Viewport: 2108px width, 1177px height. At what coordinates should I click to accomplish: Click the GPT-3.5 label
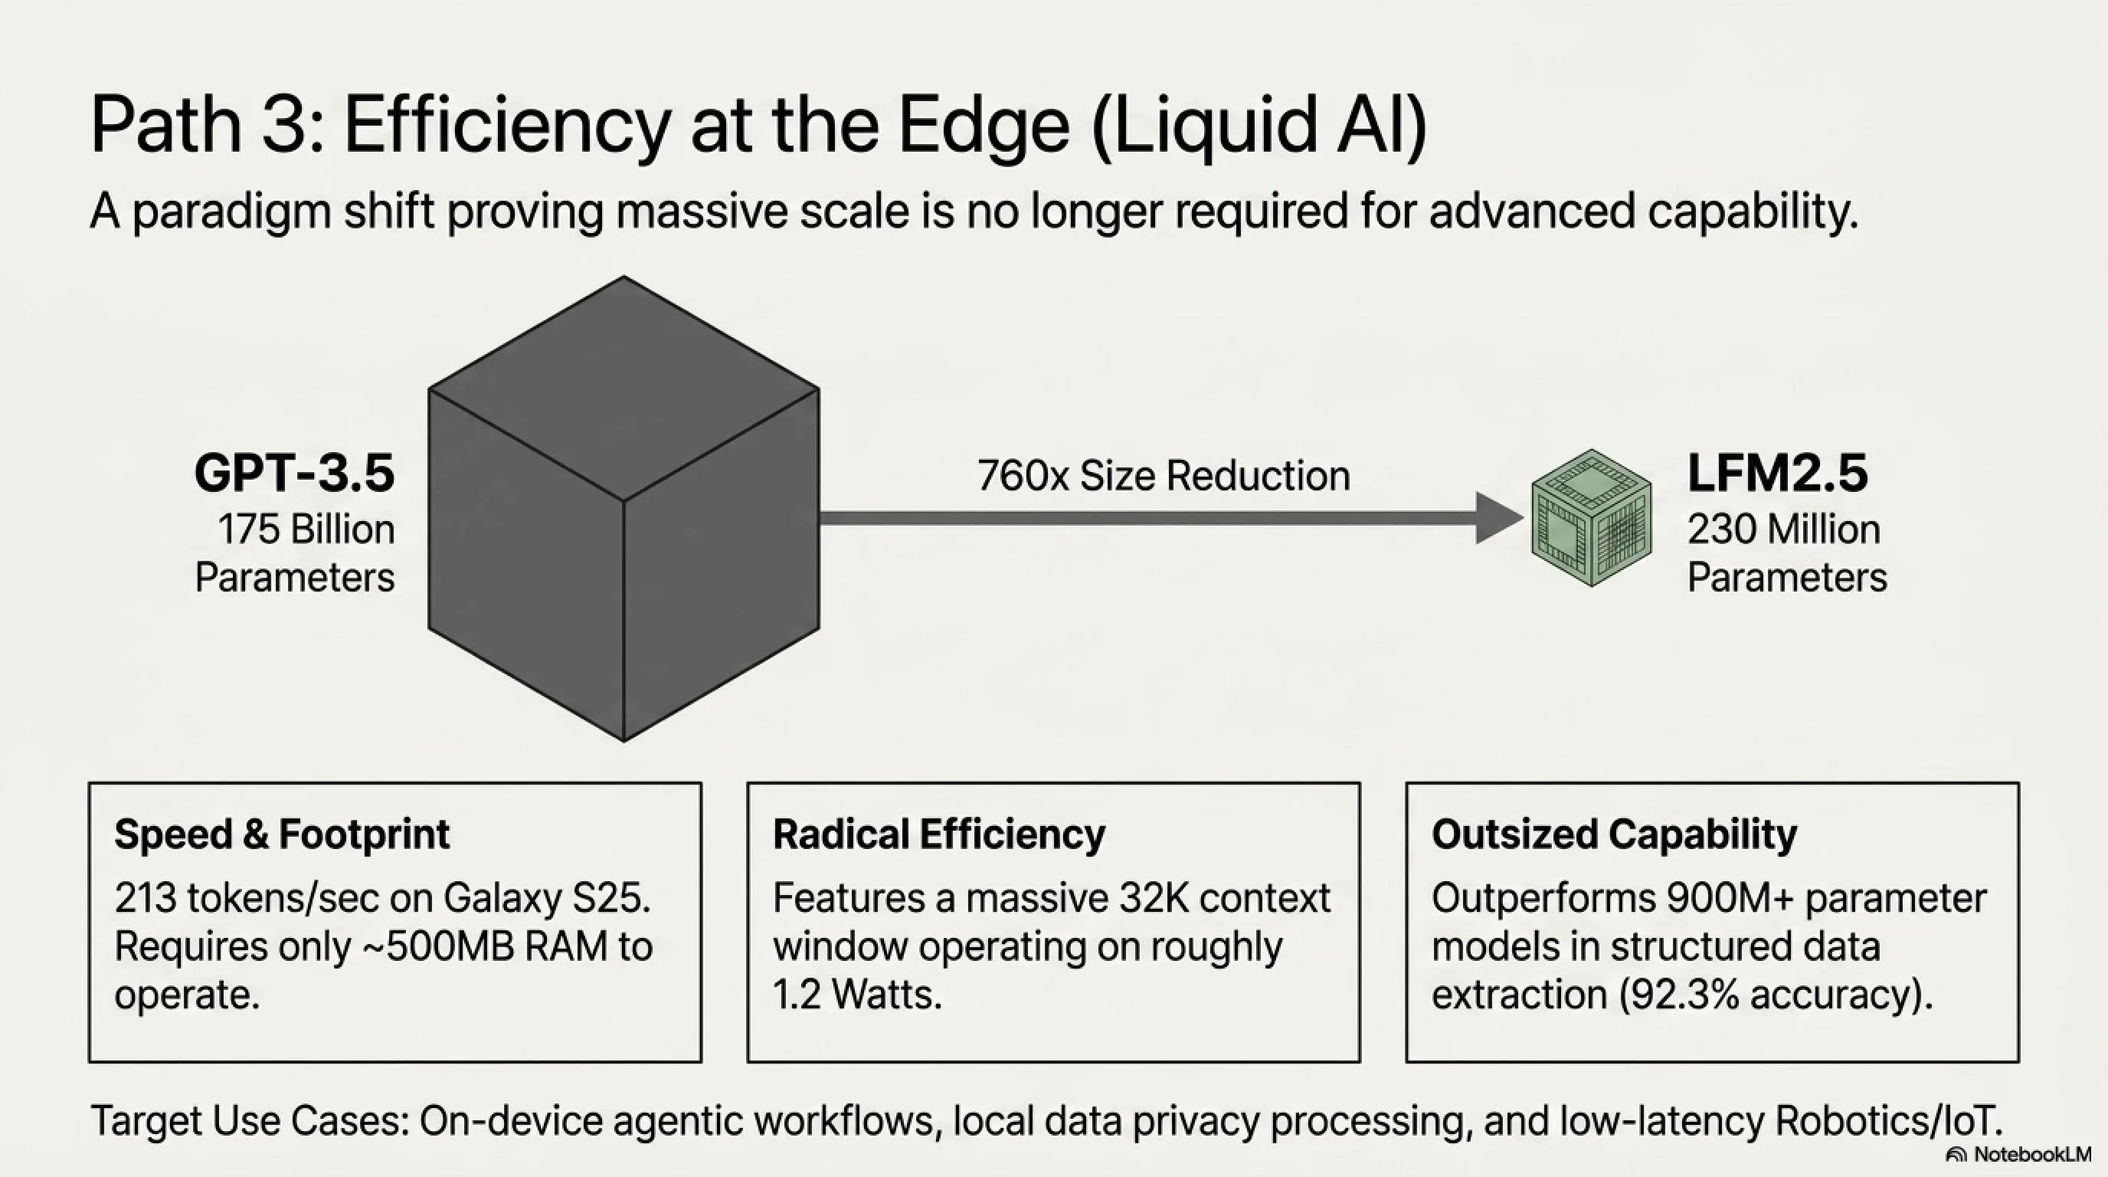tap(295, 473)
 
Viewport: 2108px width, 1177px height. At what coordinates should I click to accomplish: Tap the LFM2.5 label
tap(1777, 473)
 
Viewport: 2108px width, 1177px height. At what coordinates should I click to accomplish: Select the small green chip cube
tap(1592, 517)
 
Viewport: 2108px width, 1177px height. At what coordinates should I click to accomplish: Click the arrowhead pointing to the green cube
tap(1499, 517)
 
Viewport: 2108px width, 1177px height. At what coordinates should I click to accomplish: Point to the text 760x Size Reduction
tap(1163, 476)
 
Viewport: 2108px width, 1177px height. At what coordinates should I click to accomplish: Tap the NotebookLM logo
tap(2018, 1154)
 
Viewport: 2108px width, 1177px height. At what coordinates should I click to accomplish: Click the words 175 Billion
tap(306, 529)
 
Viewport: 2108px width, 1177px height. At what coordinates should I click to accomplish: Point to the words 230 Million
tap(1784, 529)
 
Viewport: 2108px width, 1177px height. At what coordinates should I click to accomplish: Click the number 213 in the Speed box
tap(145, 899)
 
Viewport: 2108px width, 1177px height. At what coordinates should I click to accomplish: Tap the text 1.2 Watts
tap(857, 995)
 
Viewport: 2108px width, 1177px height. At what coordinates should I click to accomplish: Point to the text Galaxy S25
tap(547, 900)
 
